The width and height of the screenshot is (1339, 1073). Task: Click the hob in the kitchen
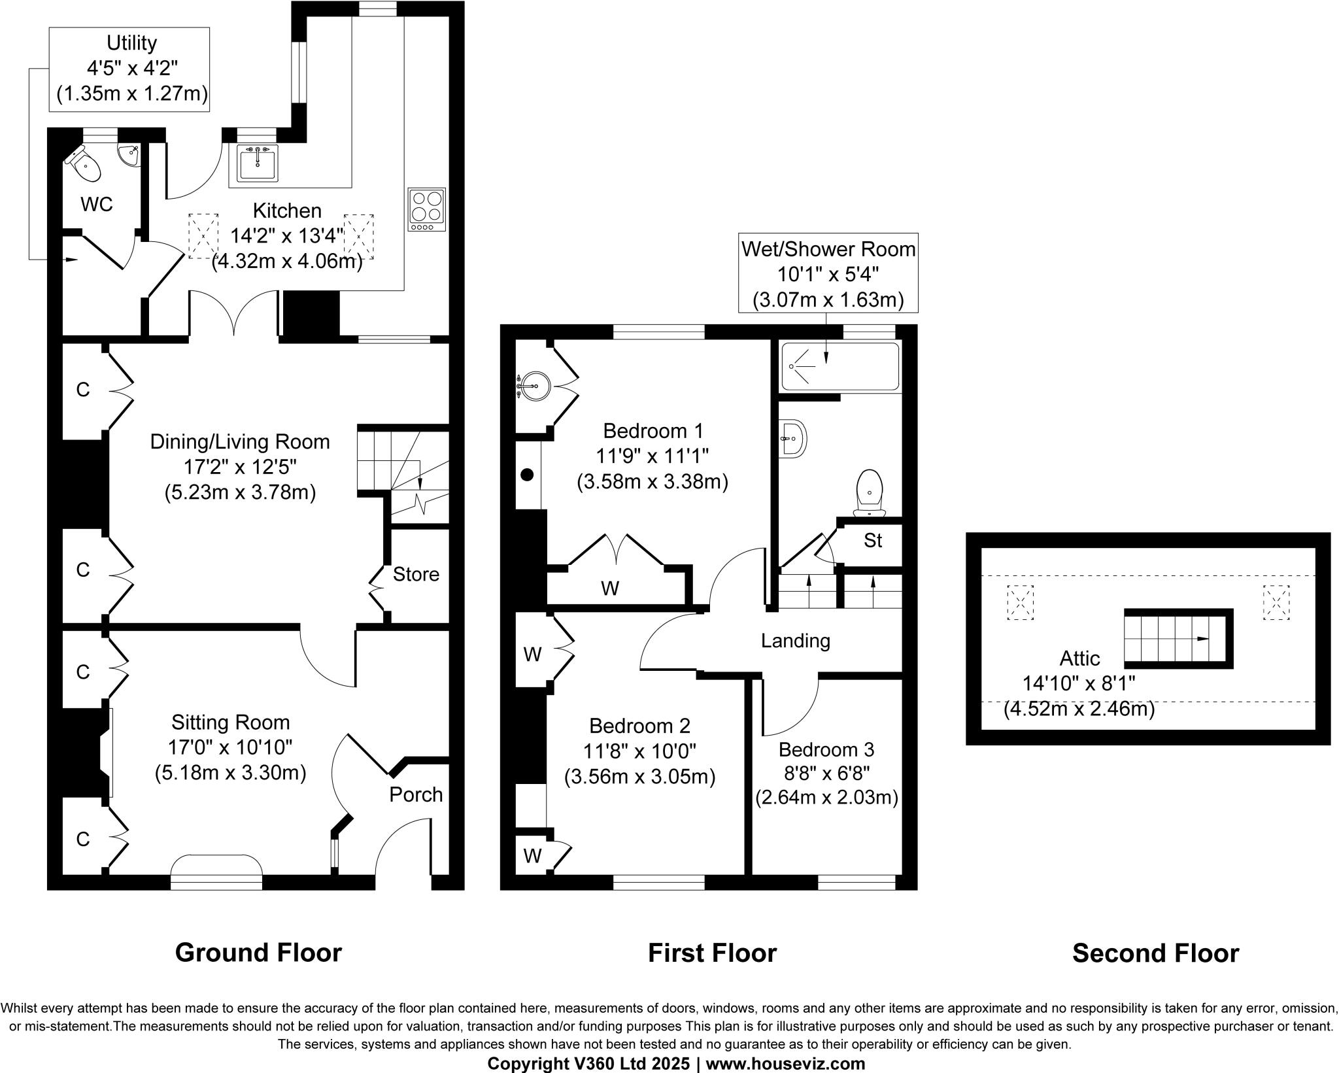427,209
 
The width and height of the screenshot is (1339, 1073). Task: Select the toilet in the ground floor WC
86,165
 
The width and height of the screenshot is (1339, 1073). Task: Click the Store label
416,574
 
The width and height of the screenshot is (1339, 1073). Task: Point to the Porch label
416,794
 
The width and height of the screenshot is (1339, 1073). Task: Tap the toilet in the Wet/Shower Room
870,491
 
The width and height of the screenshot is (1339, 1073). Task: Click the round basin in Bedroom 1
533,386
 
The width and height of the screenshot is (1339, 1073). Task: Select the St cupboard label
873,541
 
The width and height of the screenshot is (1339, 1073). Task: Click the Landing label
795,641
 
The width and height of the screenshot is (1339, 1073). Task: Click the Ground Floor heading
258,953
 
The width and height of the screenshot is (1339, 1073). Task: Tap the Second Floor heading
1155,953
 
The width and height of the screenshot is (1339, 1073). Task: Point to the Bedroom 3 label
826,749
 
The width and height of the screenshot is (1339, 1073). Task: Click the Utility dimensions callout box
129,69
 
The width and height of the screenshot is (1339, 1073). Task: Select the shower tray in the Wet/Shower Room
840,366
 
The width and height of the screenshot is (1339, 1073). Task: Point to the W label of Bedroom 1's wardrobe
610,588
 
